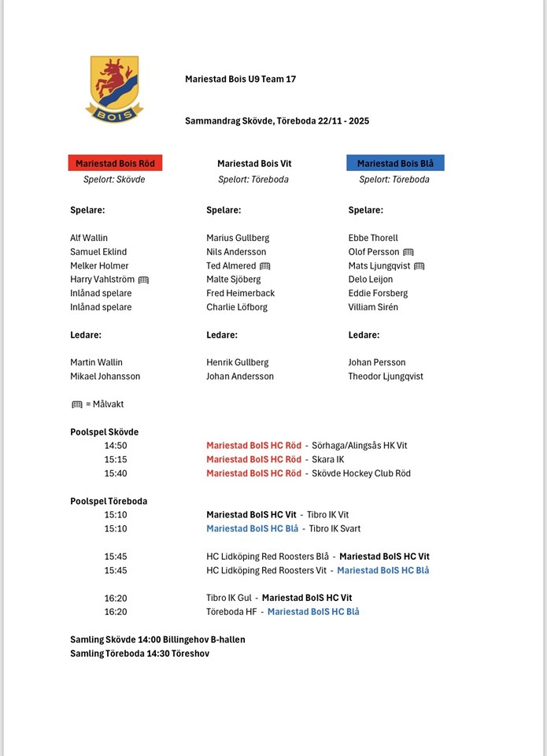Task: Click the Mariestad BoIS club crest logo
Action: [x=114, y=88]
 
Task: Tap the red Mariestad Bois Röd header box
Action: [x=115, y=164]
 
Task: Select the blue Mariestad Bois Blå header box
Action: [x=395, y=164]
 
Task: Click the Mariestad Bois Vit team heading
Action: [x=254, y=164]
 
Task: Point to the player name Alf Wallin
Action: [x=89, y=238]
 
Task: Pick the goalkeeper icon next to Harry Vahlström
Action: [x=143, y=280]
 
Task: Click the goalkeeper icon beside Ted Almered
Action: [x=264, y=266]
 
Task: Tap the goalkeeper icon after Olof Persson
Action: [x=408, y=252]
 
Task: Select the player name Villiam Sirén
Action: [x=373, y=307]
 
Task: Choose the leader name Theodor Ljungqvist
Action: [x=386, y=376]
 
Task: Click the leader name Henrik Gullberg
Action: [x=238, y=362]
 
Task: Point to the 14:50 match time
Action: [x=116, y=446]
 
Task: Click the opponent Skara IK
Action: [x=328, y=459]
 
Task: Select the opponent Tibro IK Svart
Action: [x=334, y=528]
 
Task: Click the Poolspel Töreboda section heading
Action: [x=109, y=501]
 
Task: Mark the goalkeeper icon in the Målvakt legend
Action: [x=77, y=405]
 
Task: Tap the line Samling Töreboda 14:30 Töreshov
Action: [x=140, y=654]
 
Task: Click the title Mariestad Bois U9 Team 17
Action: [x=240, y=80]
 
